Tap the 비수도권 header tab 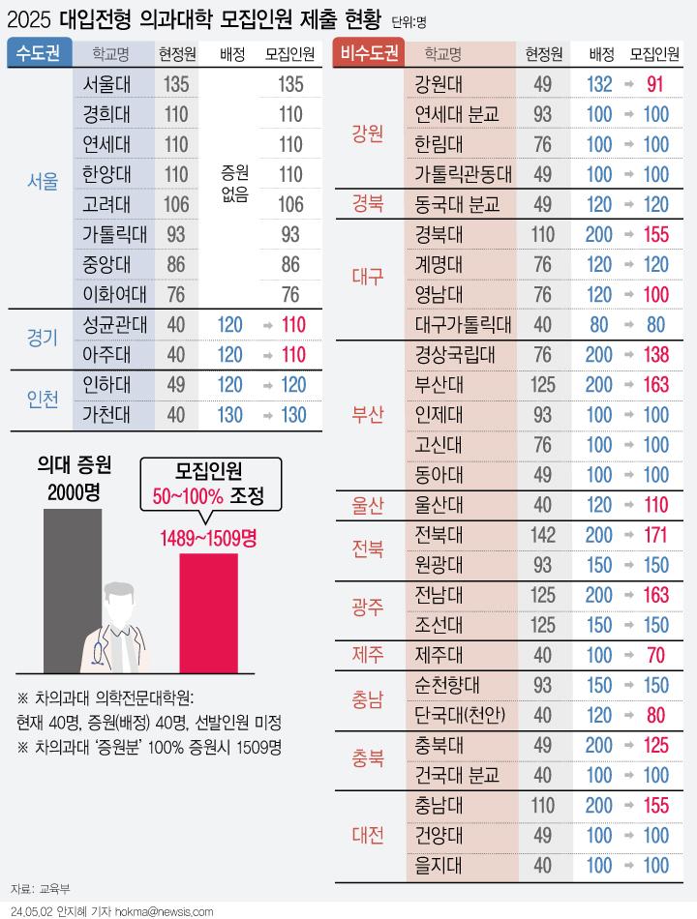pyautogui.click(x=370, y=53)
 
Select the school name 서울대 pyautogui.click(x=106, y=84)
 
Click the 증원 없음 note pyautogui.click(x=234, y=183)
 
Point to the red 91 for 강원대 pyautogui.click(x=654, y=84)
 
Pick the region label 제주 pyautogui.click(x=368, y=654)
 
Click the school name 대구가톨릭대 pyautogui.click(x=463, y=324)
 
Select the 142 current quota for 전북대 pyautogui.click(x=543, y=535)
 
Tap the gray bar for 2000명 pyautogui.click(x=73, y=591)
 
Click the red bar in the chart pyautogui.click(x=209, y=613)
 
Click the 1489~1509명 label pyautogui.click(x=209, y=538)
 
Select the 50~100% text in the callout pyautogui.click(x=188, y=497)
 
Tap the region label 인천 pyautogui.click(x=43, y=400)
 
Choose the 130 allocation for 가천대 pyautogui.click(x=230, y=415)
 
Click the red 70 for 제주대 pyautogui.click(x=655, y=655)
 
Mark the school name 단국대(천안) pyautogui.click(x=460, y=715)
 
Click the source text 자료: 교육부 pyautogui.click(x=40, y=888)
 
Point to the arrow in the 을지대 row pyautogui.click(x=628, y=866)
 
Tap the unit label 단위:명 pyautogui.click(x=409, y=22)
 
